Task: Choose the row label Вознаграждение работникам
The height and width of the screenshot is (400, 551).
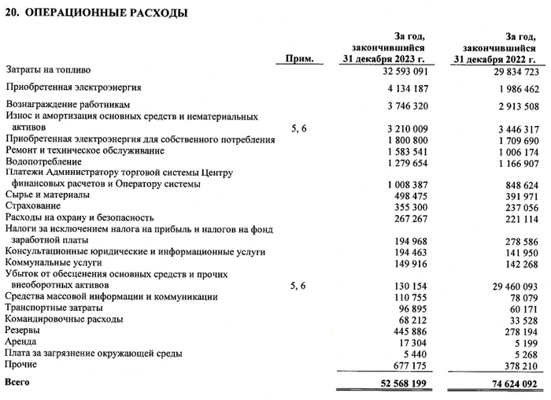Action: [67, 104]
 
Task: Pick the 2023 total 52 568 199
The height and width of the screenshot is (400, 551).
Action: [400, 383]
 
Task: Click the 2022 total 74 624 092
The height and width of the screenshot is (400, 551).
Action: [511, 383]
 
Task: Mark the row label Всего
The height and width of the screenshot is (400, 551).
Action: [18, 383]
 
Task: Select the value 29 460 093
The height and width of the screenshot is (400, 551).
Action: [511, 285]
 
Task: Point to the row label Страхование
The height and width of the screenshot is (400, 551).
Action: [37, 206]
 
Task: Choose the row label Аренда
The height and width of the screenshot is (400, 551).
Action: [22, 343]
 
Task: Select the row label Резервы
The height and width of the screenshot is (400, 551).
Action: [25, 331]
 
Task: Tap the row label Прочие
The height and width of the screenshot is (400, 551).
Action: [22, 365]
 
